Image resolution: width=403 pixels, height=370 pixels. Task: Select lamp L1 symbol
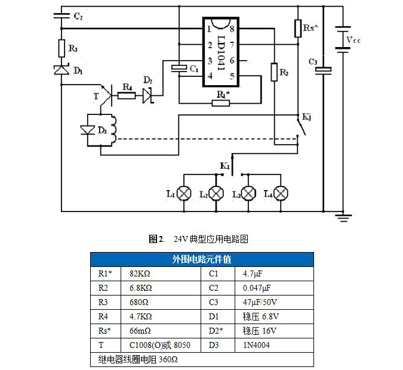[x=186, y=194]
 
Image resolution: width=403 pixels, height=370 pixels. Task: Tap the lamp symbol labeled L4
[x=279, y=194]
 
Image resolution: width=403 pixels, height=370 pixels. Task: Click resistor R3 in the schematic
[x=61, y=48]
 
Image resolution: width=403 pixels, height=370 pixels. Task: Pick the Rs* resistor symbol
[x=298, y=28]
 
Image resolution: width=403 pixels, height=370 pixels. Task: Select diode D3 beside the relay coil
[x=89, y=130]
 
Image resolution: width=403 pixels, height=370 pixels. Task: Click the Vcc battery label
[x=353, y=40]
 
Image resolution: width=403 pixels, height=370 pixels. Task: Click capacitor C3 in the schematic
[x=324, y=71]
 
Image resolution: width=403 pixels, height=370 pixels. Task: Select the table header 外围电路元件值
[x=202, y=259]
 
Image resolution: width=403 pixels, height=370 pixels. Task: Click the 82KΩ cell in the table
[x=141, y=274]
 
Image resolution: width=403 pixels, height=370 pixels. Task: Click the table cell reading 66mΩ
[x=140, y=331]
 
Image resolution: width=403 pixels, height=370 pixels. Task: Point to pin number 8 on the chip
[x=230, y=28]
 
